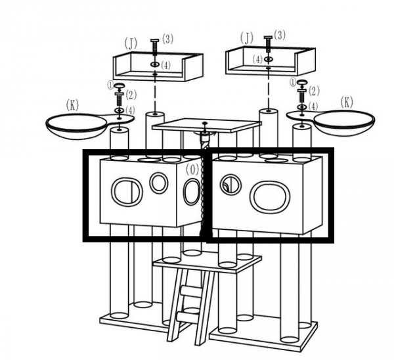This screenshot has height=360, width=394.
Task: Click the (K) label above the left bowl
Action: [73, 105]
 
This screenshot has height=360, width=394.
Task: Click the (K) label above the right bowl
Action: [347, 102]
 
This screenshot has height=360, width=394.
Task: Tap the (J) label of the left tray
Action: [131, 44]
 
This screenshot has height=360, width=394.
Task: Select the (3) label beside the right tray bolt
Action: [280, 35]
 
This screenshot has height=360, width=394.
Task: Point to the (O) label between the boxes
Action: [192, 169]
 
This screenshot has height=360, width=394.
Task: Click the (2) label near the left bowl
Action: [131, 95]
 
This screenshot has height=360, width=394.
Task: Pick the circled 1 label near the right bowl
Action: [293, 82]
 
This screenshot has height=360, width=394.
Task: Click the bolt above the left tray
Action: [155, 47]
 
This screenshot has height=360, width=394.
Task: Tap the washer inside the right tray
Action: [269, 59]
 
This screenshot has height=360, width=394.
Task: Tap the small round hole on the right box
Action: [231, 185]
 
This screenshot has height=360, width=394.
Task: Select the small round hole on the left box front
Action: [159, 183]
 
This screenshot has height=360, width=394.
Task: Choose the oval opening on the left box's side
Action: [192, 192]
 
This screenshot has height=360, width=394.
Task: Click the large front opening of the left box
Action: [127, 192]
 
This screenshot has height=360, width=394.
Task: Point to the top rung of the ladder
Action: [192, 292]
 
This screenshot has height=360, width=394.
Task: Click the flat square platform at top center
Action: [206, 125]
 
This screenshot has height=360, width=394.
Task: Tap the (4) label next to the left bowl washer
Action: [130, 110]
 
